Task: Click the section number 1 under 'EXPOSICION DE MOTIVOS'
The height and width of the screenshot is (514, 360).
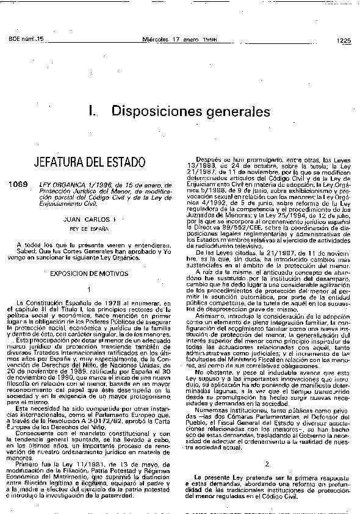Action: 89,289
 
